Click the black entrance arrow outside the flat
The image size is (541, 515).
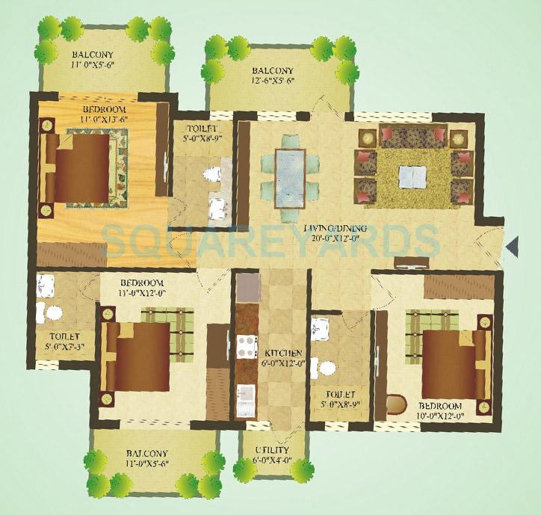[513, 245]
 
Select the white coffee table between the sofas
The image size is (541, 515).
[413, 176]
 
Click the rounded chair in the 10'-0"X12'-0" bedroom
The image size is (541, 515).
[395, 404]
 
